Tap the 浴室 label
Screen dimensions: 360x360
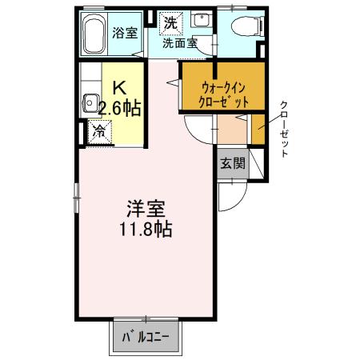tap(126, 33)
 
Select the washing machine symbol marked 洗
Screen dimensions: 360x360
tap(170, 23)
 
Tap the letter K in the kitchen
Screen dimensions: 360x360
tap(118, 88)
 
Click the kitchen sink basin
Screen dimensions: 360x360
tap(90, 104)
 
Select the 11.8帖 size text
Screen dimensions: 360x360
tap(146, 229)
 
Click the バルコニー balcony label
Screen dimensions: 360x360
tap(146, 337)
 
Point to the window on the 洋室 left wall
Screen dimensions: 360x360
tap(77, 192)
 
